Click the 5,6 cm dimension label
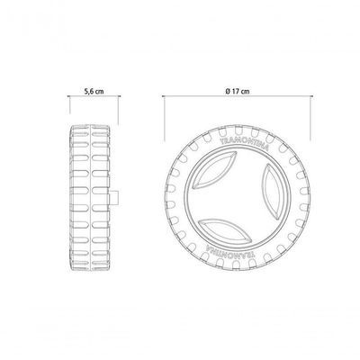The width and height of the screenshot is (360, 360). coord(94,91)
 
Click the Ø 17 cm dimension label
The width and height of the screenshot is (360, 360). coord(238,91)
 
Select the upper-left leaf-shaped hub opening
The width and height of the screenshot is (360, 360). coord(213,170)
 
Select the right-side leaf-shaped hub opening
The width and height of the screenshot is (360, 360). coord(272,190)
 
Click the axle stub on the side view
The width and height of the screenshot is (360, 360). coord(114,198)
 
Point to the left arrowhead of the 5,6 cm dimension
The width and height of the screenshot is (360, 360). coord(68,96)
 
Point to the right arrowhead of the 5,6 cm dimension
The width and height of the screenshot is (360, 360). coord(120,96)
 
